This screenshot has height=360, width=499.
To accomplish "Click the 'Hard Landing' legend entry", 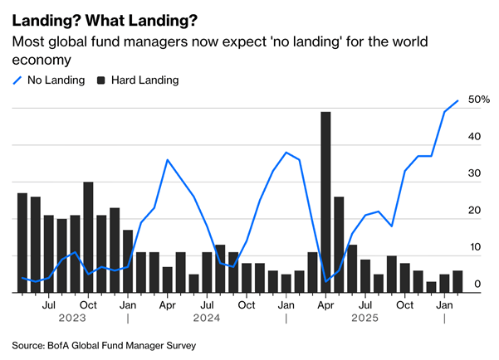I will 138,80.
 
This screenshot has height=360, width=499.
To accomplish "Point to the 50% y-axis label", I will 478,100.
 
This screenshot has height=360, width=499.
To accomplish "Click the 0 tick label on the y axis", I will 477,285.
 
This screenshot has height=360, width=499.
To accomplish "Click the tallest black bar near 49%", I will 325,202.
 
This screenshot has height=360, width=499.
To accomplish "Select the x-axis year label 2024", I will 207,318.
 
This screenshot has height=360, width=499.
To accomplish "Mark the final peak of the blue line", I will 457,101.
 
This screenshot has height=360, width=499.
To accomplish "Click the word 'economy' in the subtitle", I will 39,60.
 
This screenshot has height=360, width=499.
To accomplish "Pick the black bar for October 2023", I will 88,237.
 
